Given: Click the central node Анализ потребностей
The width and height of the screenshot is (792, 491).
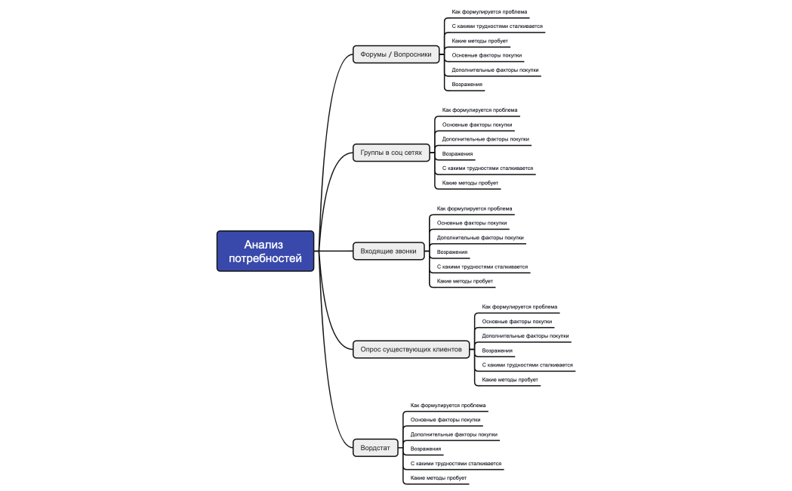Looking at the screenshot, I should pyautogui.click(x=265, y=251).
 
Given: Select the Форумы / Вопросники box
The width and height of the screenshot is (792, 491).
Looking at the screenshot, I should pyautogui.click(x=396, y=54).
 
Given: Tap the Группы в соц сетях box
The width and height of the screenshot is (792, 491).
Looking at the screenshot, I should pyautogui.click(x=391, y=153).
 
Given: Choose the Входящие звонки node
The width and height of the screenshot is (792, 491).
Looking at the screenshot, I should pyautogui.click(x=388, y=252).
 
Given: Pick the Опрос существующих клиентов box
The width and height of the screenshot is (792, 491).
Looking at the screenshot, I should pyautogui.click(x=411, y=349).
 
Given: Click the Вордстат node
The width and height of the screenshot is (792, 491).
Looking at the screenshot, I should pyautogui.click(x=375, y=448).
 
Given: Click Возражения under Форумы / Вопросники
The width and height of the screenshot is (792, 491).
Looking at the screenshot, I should pyautogui.click(x=467, y=85).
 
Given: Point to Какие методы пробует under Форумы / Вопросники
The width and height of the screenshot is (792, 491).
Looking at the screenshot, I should pyautogui.click(x=479, y=41).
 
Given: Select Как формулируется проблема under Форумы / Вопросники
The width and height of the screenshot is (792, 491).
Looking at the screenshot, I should pyautogui.click(x=489, y=12).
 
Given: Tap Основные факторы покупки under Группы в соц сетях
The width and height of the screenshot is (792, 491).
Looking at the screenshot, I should pyautogui.click(x=477, y=125).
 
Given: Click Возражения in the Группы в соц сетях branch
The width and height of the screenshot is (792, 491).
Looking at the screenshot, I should pyautogui.click(x=458, y=154).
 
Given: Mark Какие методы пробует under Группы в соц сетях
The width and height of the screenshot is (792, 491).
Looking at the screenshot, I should pyautogui.click(x=470, y=183).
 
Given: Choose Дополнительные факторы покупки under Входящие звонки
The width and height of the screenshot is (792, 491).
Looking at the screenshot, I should pyautogui.click(x=480, y=238).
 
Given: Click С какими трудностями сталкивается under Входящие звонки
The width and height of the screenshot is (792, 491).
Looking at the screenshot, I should pyautogui.click(x=482, y=267).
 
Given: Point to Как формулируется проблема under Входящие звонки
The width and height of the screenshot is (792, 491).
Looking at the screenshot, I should pyautogui.click(x=474, y=208).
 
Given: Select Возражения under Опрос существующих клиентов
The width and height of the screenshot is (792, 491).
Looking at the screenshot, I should pyautogui.click(x=498, y=350).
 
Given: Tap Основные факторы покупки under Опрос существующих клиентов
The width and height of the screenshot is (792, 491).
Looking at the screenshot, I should pyautogui.click(x=517, y=322).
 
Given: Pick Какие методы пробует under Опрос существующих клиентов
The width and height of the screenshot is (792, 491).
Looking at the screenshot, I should pyautogui.click(x=510, y=379).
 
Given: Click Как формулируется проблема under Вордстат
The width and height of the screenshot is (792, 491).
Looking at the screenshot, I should pyautogui.click(x=448, y=406).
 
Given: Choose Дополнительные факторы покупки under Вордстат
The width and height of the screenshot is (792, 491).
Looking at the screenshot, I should pyautogui.click(x=454, y=434).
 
